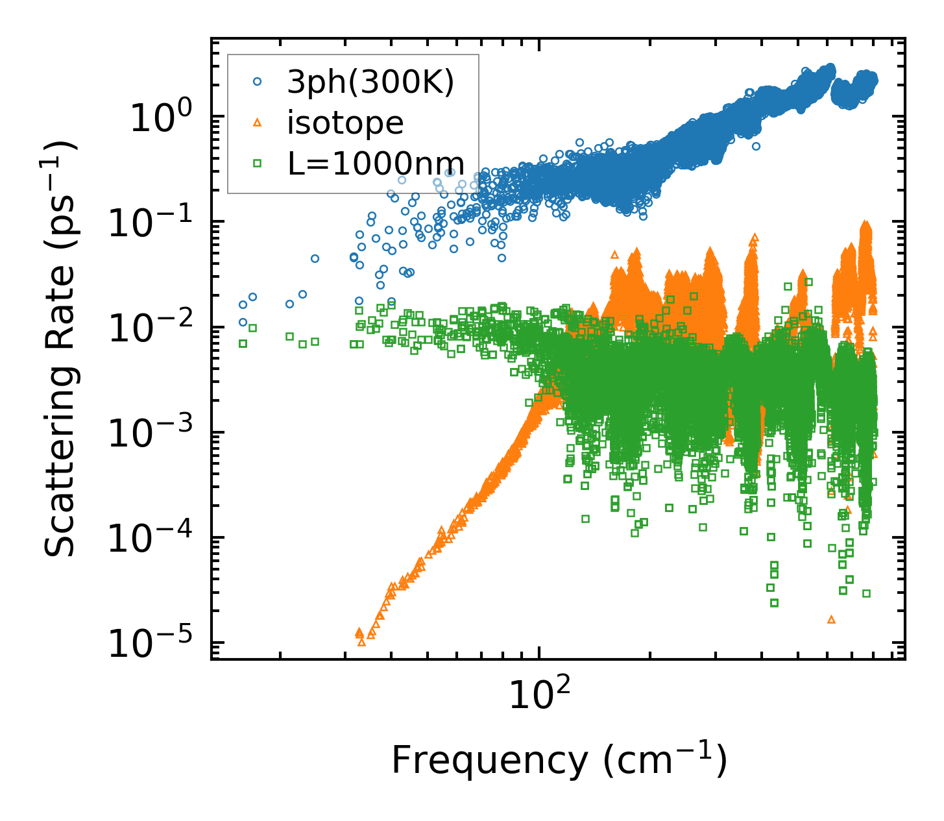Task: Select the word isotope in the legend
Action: [x=345, y=123]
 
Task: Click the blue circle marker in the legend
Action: [x=258, y=82]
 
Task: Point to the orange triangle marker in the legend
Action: [x=258, y=123]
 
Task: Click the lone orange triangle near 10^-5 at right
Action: [x=831, y=620]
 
